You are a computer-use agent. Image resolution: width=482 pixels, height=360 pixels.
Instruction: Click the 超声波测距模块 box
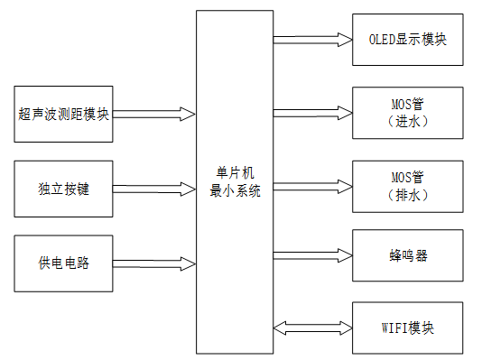pyautogui.click(x=64, y=114)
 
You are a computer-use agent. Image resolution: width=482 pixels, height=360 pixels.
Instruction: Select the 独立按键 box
pyautogui.click(x=64, y=189)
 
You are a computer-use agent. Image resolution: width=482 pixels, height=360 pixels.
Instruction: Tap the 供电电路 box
pyautogui.click(x=64, y=263)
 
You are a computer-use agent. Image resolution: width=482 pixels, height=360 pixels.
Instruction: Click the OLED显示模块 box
pyautogui.click(x=408, y=40)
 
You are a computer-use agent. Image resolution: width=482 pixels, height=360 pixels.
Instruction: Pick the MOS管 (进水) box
pyautogui.click(x=408, y=113)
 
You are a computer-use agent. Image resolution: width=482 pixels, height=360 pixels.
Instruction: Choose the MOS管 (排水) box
pyautogui.click(x=408, y=186)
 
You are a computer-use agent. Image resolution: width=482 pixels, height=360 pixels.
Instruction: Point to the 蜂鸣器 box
pyautogui.click(x=408, y=255)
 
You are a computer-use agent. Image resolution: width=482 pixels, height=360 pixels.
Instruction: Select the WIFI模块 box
pyautogui.click(x=408, y=326)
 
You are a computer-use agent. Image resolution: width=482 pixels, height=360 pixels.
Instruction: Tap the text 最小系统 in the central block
pyautogui.click(x=234, y=190)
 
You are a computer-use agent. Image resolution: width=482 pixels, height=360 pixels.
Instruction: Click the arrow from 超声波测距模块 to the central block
pyautogui.click(x=154, y=114)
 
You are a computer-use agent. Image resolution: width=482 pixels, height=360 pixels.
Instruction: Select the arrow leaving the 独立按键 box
pyautogui.click(x=154, y=189)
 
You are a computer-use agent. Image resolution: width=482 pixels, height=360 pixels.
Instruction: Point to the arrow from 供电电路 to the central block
pyautogui.click(x=154, y=263)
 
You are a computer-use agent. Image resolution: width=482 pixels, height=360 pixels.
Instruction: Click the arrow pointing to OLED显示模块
pyautogui.click(x=311, y=40)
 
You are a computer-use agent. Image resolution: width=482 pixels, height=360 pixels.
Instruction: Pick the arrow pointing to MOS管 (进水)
pyautogui.click(x=311, y=113)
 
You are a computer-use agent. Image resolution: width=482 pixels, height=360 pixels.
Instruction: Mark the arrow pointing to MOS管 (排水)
pyautogui.click(x=311, y=186)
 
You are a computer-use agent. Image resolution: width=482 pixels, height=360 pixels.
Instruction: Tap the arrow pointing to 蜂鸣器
pyautogui.click(x=311, y=255)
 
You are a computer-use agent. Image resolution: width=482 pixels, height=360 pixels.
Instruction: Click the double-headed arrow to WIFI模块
pyautogui.click(x=311, y=326)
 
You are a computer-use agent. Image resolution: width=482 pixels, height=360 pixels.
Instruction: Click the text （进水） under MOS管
pyautogui.click(x=408, y=121)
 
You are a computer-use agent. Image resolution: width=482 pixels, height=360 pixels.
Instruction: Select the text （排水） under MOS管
pyautogui.click(x=408, y=194)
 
